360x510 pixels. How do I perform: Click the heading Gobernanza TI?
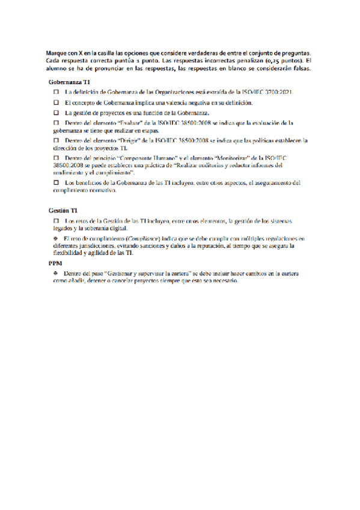[70, 81]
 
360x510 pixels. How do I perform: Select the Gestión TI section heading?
[63, 210]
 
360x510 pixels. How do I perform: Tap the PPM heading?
[55, 263]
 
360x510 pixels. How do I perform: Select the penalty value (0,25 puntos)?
[283, 60]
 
